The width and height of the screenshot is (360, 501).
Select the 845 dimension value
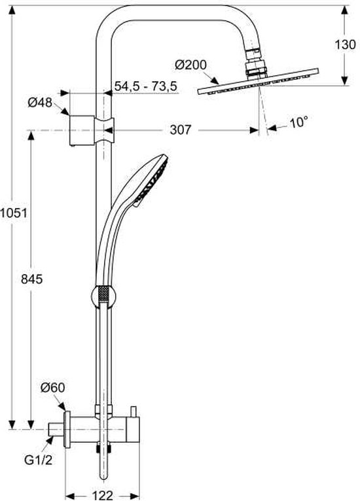31,279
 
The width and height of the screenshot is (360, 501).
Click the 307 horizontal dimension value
181,130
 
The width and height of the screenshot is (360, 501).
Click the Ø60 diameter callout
52,388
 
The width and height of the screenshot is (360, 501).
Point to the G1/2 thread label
39,460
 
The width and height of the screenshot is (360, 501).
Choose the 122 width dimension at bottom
101,495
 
